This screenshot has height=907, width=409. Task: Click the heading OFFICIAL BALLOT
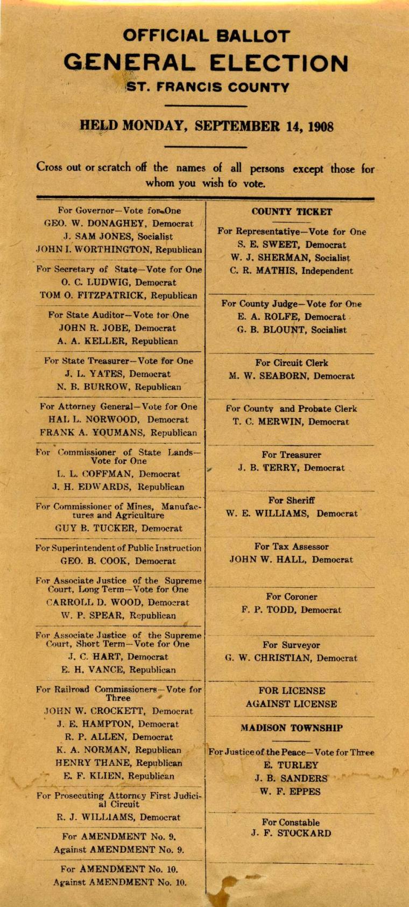206,36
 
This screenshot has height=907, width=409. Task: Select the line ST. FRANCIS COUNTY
207,87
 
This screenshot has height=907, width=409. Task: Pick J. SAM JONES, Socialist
118,236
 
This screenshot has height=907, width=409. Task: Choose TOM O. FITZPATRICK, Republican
118,296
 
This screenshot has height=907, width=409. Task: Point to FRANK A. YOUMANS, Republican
118,433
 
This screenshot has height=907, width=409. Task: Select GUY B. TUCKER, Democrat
118,529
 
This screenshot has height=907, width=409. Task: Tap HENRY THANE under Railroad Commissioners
118,763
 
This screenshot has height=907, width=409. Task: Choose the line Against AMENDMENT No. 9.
118,850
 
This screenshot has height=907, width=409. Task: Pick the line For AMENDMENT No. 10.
119,869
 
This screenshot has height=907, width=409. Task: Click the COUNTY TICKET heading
292,212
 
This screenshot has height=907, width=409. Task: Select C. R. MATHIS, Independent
292,271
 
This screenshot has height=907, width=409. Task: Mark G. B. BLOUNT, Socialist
292,330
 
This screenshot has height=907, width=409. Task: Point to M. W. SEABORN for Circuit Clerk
292,376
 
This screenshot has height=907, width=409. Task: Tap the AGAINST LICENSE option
292,704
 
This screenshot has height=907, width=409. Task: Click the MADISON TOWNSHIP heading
292,728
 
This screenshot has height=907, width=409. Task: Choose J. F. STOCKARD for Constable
292,834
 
